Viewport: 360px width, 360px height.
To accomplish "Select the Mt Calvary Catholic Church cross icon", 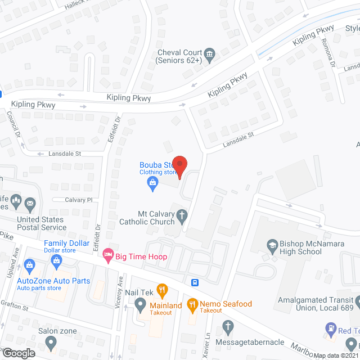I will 182,214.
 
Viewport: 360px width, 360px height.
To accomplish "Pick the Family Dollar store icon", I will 56,260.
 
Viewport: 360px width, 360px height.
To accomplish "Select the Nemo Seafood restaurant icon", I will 193,304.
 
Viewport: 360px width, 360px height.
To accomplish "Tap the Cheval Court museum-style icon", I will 209,55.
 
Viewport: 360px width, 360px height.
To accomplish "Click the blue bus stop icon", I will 195,282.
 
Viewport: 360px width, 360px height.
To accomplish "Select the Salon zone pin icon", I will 51,342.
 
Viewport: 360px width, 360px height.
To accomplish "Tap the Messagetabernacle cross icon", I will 228,326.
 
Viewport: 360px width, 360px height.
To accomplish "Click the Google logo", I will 19,353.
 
